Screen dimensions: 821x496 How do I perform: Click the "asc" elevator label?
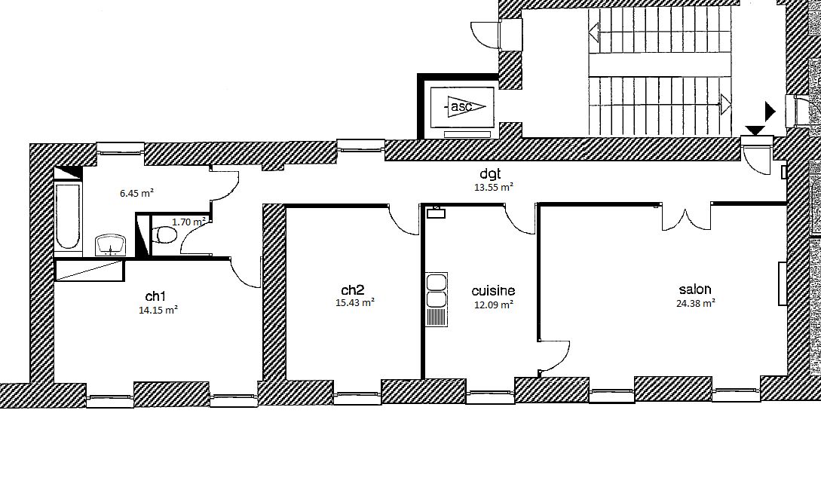[461, 107]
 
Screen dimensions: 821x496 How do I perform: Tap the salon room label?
[695, 289]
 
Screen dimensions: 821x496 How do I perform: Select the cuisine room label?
[493, 291]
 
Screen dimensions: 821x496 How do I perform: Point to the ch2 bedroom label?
[352, 290]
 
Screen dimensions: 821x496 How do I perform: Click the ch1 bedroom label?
[155, 296]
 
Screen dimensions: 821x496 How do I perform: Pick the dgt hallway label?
[491, 174]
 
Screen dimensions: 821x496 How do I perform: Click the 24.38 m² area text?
[696, 303]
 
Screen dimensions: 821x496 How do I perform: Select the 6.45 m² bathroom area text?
[136, 193]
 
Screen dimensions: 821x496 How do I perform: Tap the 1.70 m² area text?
[188, 222]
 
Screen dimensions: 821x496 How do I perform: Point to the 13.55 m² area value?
[493, 186]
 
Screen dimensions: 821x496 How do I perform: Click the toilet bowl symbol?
[164, 234]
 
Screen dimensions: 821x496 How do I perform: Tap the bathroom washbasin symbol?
[111, 245]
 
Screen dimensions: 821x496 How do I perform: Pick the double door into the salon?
[685, 219]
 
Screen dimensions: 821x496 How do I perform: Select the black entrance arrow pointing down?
[755, 130]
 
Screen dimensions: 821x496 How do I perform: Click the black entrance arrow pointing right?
[770, 111]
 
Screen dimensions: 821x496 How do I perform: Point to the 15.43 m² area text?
[354, 303]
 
